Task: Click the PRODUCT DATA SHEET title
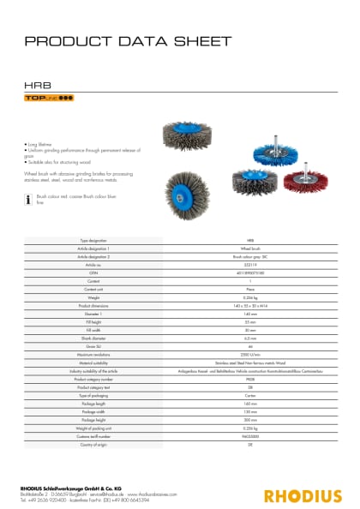[x=128, y=41]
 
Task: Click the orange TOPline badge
[x=51, y=99]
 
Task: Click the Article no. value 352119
[x=249, y=266]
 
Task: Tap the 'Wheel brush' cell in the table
[x=249, y=249]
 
